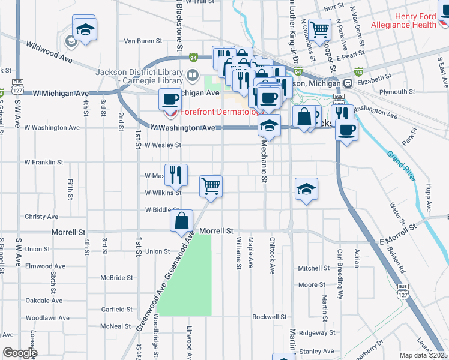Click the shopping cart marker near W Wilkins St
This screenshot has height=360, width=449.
pos(211,186)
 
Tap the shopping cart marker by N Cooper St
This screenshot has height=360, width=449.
pos(320,28)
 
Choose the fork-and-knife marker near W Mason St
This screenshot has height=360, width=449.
pos(176,175)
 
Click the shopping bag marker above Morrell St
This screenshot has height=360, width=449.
pos(181,220)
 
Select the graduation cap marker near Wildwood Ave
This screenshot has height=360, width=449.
pos(85,29)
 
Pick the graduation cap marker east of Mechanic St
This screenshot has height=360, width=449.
pos(306,189)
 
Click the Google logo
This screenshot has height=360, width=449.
pos(20,353)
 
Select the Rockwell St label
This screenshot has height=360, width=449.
pos(267,317)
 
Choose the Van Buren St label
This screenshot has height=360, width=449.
pos(143,41)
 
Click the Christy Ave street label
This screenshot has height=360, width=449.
pos(41,217)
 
